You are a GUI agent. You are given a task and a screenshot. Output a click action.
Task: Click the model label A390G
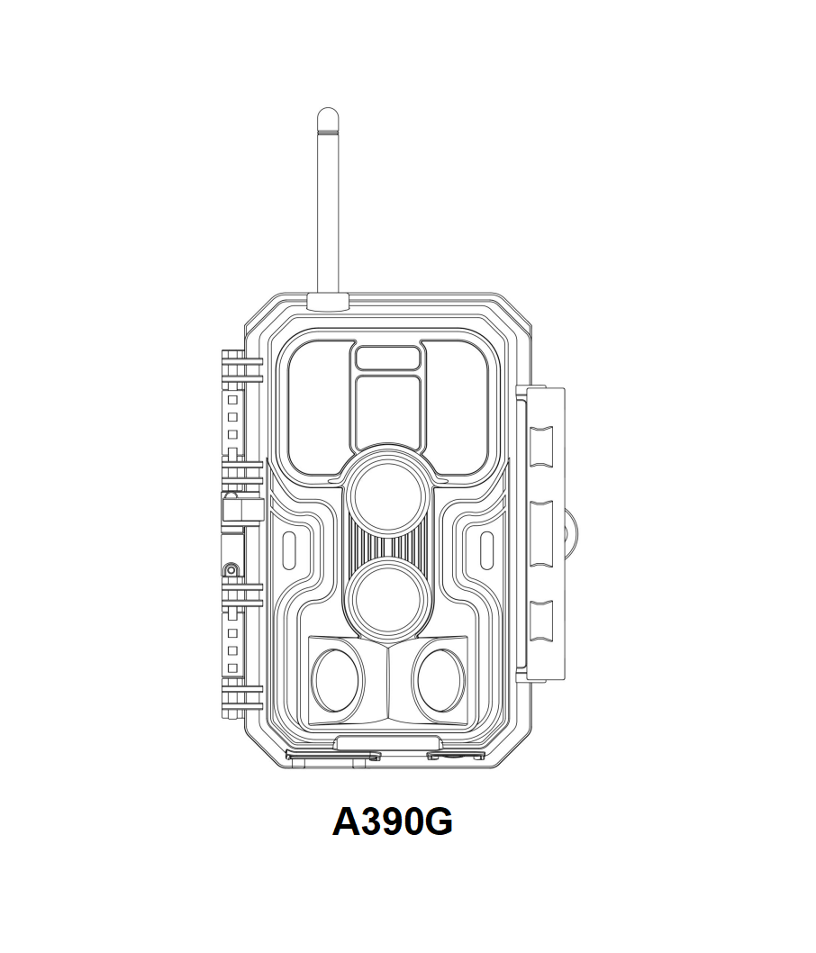point(393,822)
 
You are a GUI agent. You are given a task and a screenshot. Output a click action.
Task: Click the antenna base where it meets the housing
point(328,302)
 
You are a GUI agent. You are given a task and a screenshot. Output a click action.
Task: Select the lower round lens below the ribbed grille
point(387,600)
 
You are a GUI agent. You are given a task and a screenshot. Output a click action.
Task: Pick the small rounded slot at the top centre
point(387,358)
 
